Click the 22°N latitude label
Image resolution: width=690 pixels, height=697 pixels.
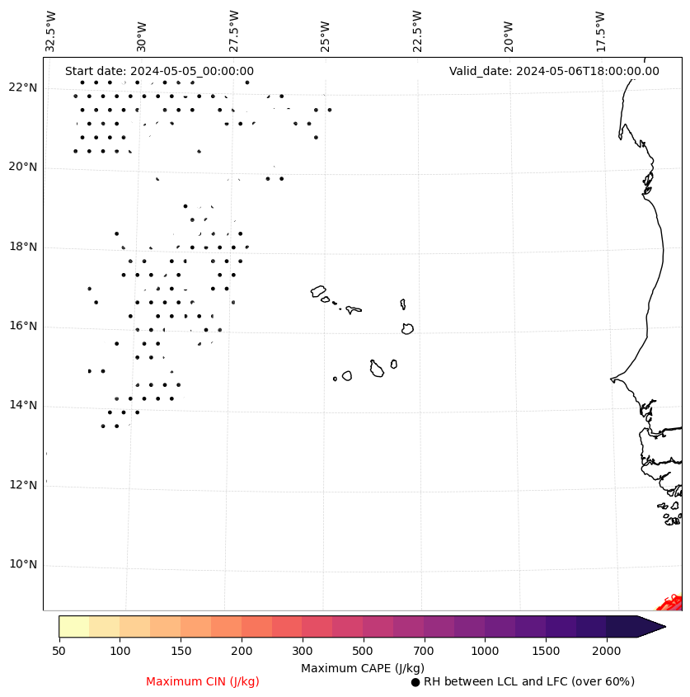pyautogui.click(x=22, y=88)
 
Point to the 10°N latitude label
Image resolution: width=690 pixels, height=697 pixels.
pyautogui.click(x=22, y=565)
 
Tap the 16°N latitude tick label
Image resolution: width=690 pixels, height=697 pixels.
pyautogui.click(x=22, y=327)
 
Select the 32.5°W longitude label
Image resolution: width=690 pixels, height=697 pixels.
pyautogui.click(x=51, y=31)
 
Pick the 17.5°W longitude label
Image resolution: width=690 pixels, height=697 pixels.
pyautogui.click(x=600, y=31)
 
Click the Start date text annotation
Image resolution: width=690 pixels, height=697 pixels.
pyautogui.click(x=159, y=72)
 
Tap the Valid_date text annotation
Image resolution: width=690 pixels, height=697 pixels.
pyautogui.click(x=554, y=72)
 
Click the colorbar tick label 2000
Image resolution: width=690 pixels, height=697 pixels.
pyautogui.click(x=607, y=652)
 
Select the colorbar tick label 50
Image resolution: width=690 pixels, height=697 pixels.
pyautogui.click(x=59, y=652)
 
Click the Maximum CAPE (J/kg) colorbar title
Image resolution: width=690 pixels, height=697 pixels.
pyautogui.click(x=362, y=668)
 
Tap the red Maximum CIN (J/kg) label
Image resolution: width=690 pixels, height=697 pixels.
pyautogui.click(x=203, y=682)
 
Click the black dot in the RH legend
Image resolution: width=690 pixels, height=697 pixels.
pyautogui.click(x=415, y=682)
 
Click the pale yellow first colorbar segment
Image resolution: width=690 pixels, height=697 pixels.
pyautogui.click(x=73, y=626)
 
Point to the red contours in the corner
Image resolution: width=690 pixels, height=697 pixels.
pyautogui.click(x=672, y=603)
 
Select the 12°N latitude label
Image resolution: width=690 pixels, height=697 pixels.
pyautogui.click(x=22, y=486)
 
